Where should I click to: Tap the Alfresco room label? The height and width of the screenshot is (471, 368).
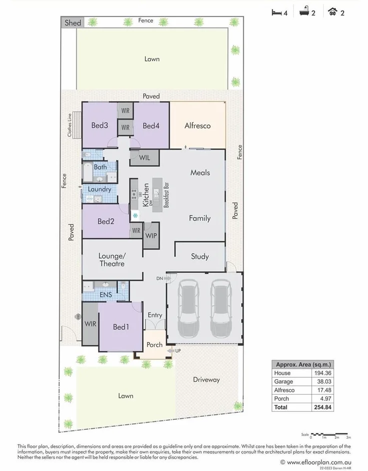(197, 125)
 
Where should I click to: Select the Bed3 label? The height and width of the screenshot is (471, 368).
(100, 125)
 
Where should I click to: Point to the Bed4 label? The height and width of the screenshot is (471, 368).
(151, 125)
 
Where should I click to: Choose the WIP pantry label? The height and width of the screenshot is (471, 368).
(152, 235)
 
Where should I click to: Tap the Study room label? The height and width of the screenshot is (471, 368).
(200, 256)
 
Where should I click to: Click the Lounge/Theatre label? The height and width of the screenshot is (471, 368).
(112, 259)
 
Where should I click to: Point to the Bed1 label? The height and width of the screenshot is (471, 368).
(121, 327)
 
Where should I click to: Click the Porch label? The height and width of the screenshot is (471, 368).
(154, 345)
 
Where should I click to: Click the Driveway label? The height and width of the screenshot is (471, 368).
(206, 380)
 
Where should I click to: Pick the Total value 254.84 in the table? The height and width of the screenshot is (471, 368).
(324, 407)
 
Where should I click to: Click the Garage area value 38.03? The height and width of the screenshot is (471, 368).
(324, 382)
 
